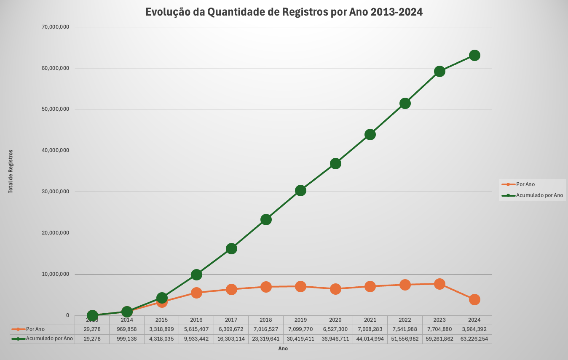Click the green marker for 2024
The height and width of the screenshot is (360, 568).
[x=474, y=55]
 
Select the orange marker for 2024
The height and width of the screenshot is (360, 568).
[x=474, y=299]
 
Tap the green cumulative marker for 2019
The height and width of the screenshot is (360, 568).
[x=300, y=190]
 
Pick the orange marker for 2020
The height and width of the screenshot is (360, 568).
[x=335, y=289]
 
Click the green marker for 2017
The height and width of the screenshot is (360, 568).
[x=231, y=248]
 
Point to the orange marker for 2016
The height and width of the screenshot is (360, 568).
[x=196, y=293]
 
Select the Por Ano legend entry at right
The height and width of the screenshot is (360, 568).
[x=525, y=184]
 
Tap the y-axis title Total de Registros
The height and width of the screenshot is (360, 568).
[x=11, y=171]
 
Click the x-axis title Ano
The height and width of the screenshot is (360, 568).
[x=283, y=349]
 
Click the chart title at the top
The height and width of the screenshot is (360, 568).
[x=284, y=12]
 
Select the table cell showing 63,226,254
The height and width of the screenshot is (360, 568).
[x=474, y=339]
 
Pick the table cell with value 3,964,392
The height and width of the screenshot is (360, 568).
[x=474, y=329]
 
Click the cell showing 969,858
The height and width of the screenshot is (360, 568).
[x=127, y=329]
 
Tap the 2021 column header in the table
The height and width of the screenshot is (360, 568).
[x=370, y=320]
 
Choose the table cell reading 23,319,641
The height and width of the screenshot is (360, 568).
[x=266, y=339]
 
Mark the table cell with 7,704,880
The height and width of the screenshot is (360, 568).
[x=439, y=329]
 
